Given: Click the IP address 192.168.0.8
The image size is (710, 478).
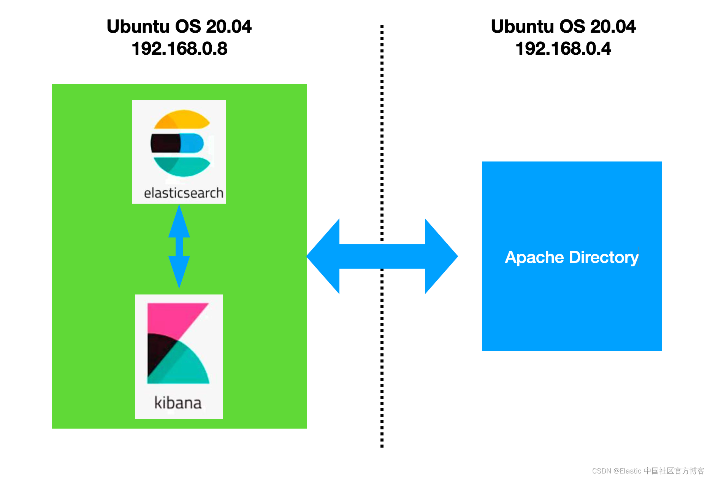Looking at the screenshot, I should click(x=179, y=49).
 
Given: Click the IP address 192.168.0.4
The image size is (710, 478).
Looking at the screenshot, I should click(x=563, y=49).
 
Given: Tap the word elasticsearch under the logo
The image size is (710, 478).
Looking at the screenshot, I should click(x=183, y=193).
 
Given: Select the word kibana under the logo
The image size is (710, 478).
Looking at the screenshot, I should click(x=178, y=403).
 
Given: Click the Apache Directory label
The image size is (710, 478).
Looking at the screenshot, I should click(x=571, y=257).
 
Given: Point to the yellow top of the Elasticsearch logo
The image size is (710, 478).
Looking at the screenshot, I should click(x=182, y=119).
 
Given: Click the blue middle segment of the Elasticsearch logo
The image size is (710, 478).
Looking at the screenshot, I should click(x=192, y=143).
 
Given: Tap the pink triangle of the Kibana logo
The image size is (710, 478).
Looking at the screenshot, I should click(x=171, y=317).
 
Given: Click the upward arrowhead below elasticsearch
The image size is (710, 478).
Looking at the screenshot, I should click(x=179, y=222).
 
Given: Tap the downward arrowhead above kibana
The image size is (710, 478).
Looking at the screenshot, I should click(x=179, y=271).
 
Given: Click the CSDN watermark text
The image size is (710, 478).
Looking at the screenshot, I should click(x=648, y=471).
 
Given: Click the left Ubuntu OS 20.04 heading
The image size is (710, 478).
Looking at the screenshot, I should click(x=179, y=27).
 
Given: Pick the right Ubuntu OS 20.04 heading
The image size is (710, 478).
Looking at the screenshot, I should click(x=563, y=27).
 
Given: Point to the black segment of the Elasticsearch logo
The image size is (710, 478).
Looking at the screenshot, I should click(x=165, y=143).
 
